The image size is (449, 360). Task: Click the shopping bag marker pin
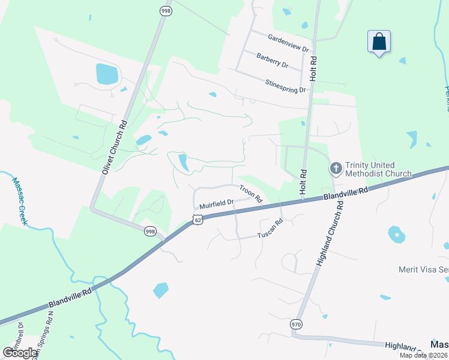[379, 43]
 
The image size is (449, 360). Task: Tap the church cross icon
[336, 169]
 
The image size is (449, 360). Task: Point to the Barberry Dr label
[273, 60]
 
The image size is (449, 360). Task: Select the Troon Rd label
[251, 193]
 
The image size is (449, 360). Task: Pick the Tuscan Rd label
[270, 230]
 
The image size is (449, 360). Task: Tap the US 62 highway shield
[198, 220]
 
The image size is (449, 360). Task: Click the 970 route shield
[296, 324]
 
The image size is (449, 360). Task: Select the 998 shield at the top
[165, 10]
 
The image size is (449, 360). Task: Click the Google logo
[20, 353]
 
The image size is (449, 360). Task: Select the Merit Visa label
[423, 269]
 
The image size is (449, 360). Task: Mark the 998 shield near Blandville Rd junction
[150, 230]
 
